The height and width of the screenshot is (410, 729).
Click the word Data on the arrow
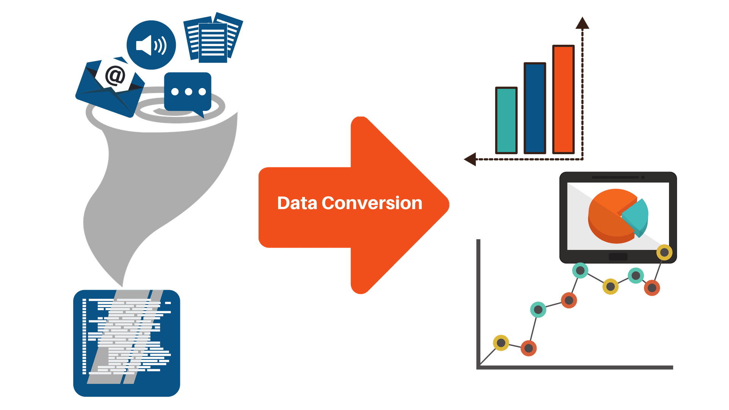(297, 203)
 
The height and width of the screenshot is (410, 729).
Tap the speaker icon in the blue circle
(151, 45)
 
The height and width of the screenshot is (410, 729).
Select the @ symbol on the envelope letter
(115, 75)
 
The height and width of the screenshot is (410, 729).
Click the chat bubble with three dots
(188, 92)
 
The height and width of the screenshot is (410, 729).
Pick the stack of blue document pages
(213, 38)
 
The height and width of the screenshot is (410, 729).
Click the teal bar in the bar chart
(507, 120)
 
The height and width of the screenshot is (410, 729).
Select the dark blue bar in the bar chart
(535, 108)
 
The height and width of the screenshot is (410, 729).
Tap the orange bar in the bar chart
(563, 99)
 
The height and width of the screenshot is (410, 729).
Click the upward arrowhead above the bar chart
(582, 23)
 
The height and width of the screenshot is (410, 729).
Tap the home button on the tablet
(618, 257)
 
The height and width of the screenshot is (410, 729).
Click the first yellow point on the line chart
(501, 343)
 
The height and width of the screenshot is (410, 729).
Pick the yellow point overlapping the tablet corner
(664, 252)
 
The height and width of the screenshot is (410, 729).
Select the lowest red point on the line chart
(529, 348)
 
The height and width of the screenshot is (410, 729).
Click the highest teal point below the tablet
(580, 270)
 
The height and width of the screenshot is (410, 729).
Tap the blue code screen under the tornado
(126, 343)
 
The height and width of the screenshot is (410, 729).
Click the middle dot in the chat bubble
(188, 91)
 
